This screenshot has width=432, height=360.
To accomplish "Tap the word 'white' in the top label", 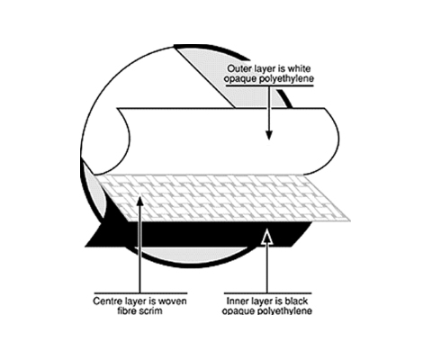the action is tap(299, 68).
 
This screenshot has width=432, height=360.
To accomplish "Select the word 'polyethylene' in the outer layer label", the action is tap(286, 79).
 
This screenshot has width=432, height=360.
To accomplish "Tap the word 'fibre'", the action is tap(127, 310).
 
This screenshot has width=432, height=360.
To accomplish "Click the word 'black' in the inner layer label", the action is tap(296, 301).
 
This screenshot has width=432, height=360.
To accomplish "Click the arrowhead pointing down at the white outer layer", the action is tap(269, 135).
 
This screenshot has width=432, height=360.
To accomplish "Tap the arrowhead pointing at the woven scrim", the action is tap(139, 201).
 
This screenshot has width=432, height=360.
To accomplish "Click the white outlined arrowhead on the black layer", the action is tap(267, 237).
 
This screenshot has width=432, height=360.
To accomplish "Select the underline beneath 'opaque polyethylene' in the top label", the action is tap(270, 85).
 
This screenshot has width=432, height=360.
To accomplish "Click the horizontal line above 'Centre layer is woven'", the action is tap(140, 293).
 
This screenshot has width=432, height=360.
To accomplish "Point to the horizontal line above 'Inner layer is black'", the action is tap(268, 293).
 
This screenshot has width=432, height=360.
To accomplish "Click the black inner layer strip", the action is tap(198, 234).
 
